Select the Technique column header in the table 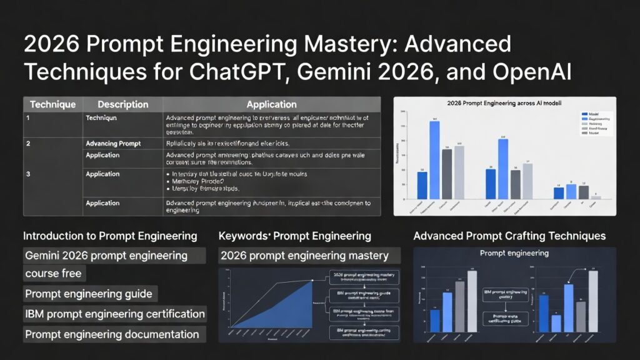[x=52, y=104]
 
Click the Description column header [x=123, y=104]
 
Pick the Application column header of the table [x=271, y=104]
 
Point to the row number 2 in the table [x=28, y=144]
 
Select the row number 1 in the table [x=28, y=117]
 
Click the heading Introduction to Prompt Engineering [x=110, y=236]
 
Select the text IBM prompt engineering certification [x=115, y=314]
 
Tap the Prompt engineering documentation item [x=112, y=334]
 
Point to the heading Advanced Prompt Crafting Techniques [x=509, y=236]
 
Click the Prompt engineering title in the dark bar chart [x=514, y=254]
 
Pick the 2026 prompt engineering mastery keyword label [x=304, y=256]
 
